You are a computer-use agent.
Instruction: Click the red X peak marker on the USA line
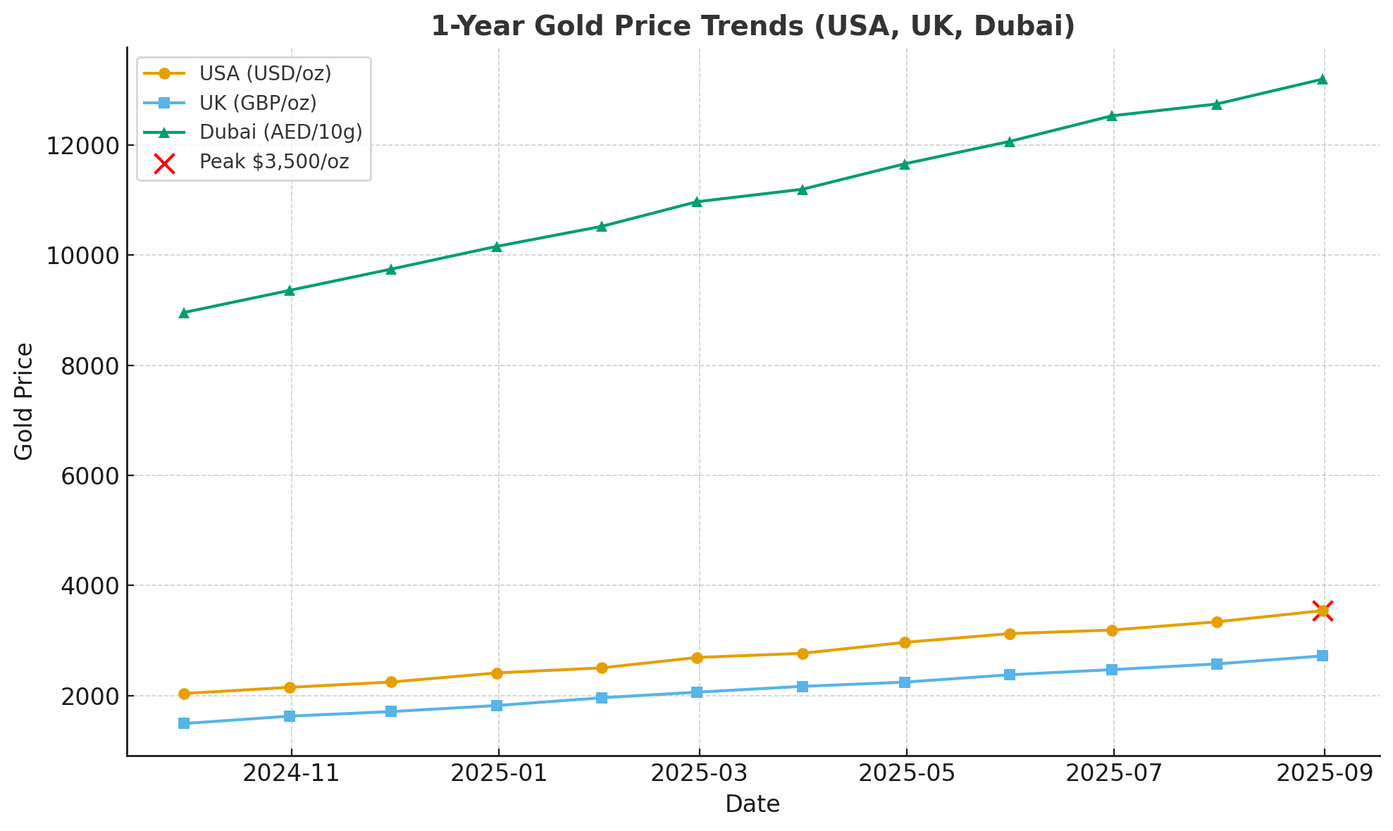(x=1323, y=611)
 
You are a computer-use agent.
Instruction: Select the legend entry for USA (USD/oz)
(x=264, y=73)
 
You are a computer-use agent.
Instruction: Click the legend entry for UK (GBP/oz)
(x=257, y=103)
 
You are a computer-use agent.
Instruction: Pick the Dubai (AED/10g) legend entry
(x=280, y=132)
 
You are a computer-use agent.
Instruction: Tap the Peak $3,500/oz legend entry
(x=273, y=162)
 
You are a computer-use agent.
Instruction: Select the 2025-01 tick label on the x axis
(x=498, y=773)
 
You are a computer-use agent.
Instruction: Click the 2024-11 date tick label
(x=291, y=773)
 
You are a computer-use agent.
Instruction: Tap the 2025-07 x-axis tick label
(x=1113, y=773)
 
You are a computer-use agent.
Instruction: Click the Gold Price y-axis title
(x=24, y=401)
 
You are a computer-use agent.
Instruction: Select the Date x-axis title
(x=753, y=804)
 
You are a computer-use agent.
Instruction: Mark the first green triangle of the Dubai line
(x=184, y=313)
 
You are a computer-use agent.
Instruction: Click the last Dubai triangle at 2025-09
(x=1323, y=80)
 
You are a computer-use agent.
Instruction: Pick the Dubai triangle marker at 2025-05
(x=905, y=164)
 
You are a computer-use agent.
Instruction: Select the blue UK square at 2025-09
(x=1323, y=656)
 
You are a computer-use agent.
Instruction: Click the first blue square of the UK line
(x=184, y=723)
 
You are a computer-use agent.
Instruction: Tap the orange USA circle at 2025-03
(x=697, y=658)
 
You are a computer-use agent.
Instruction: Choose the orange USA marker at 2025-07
(x=1112, y=630)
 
